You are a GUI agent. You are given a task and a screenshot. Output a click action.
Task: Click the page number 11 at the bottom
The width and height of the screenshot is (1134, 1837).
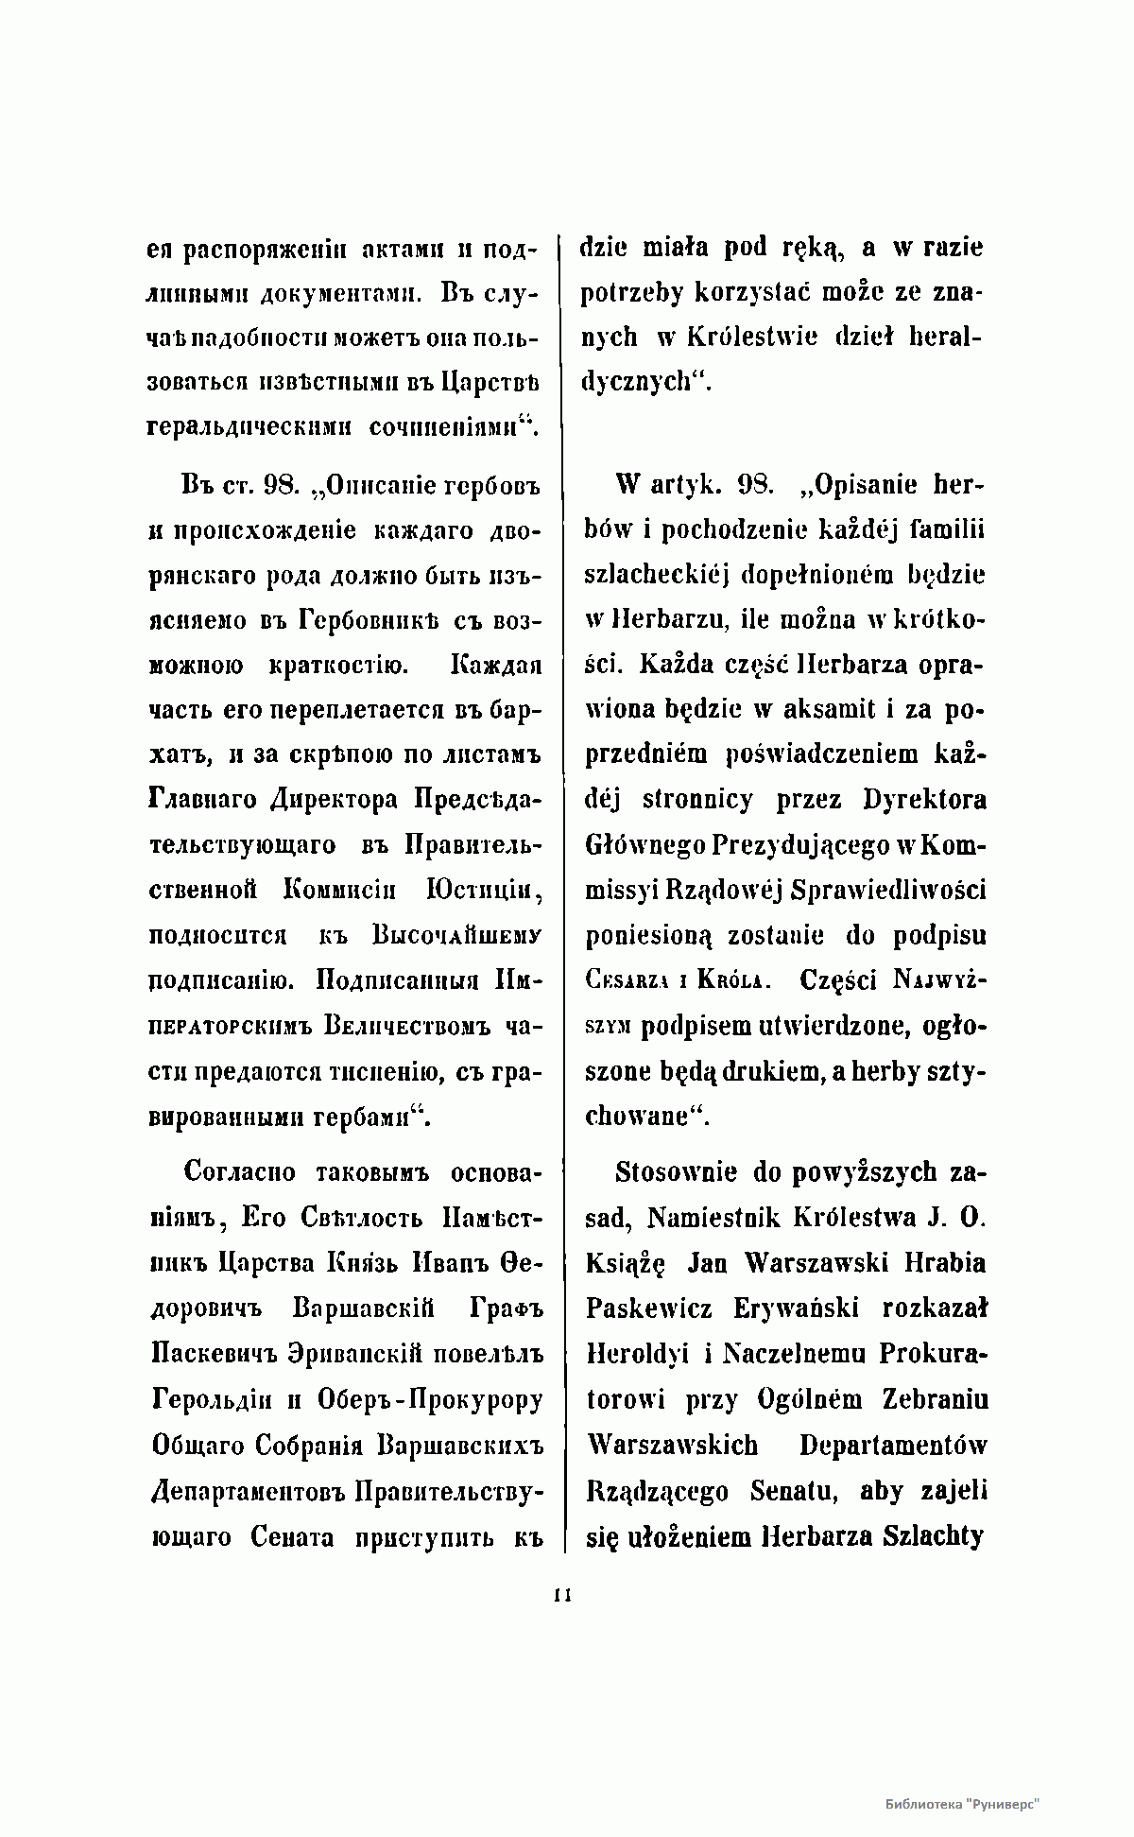564,1595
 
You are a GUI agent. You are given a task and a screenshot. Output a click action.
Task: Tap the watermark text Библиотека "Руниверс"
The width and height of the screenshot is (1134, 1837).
962,1803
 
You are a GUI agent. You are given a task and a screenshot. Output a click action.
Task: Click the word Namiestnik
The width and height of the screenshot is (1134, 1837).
710,1218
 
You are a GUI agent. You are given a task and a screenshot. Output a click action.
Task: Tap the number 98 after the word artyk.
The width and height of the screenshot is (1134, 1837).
755,486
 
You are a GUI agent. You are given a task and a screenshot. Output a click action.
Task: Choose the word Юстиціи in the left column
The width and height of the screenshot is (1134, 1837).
483,891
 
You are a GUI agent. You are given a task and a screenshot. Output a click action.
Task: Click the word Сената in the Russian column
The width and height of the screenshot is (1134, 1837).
293,1537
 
